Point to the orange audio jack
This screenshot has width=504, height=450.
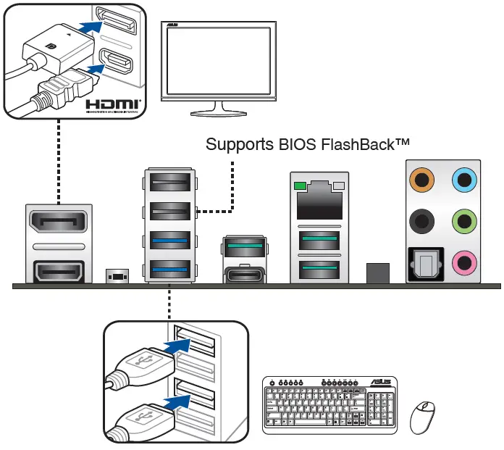click(420, 178)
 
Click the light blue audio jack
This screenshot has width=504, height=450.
click(463, 178)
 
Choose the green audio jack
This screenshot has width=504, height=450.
click(463, 220)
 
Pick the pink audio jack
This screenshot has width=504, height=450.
click(463, 261)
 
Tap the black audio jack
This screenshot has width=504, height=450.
click(420, 220)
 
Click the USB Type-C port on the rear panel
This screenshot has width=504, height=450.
click(245, 275)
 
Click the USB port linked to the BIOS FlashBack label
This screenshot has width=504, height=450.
click(170, 210)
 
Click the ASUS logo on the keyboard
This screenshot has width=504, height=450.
click(382, 382)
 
